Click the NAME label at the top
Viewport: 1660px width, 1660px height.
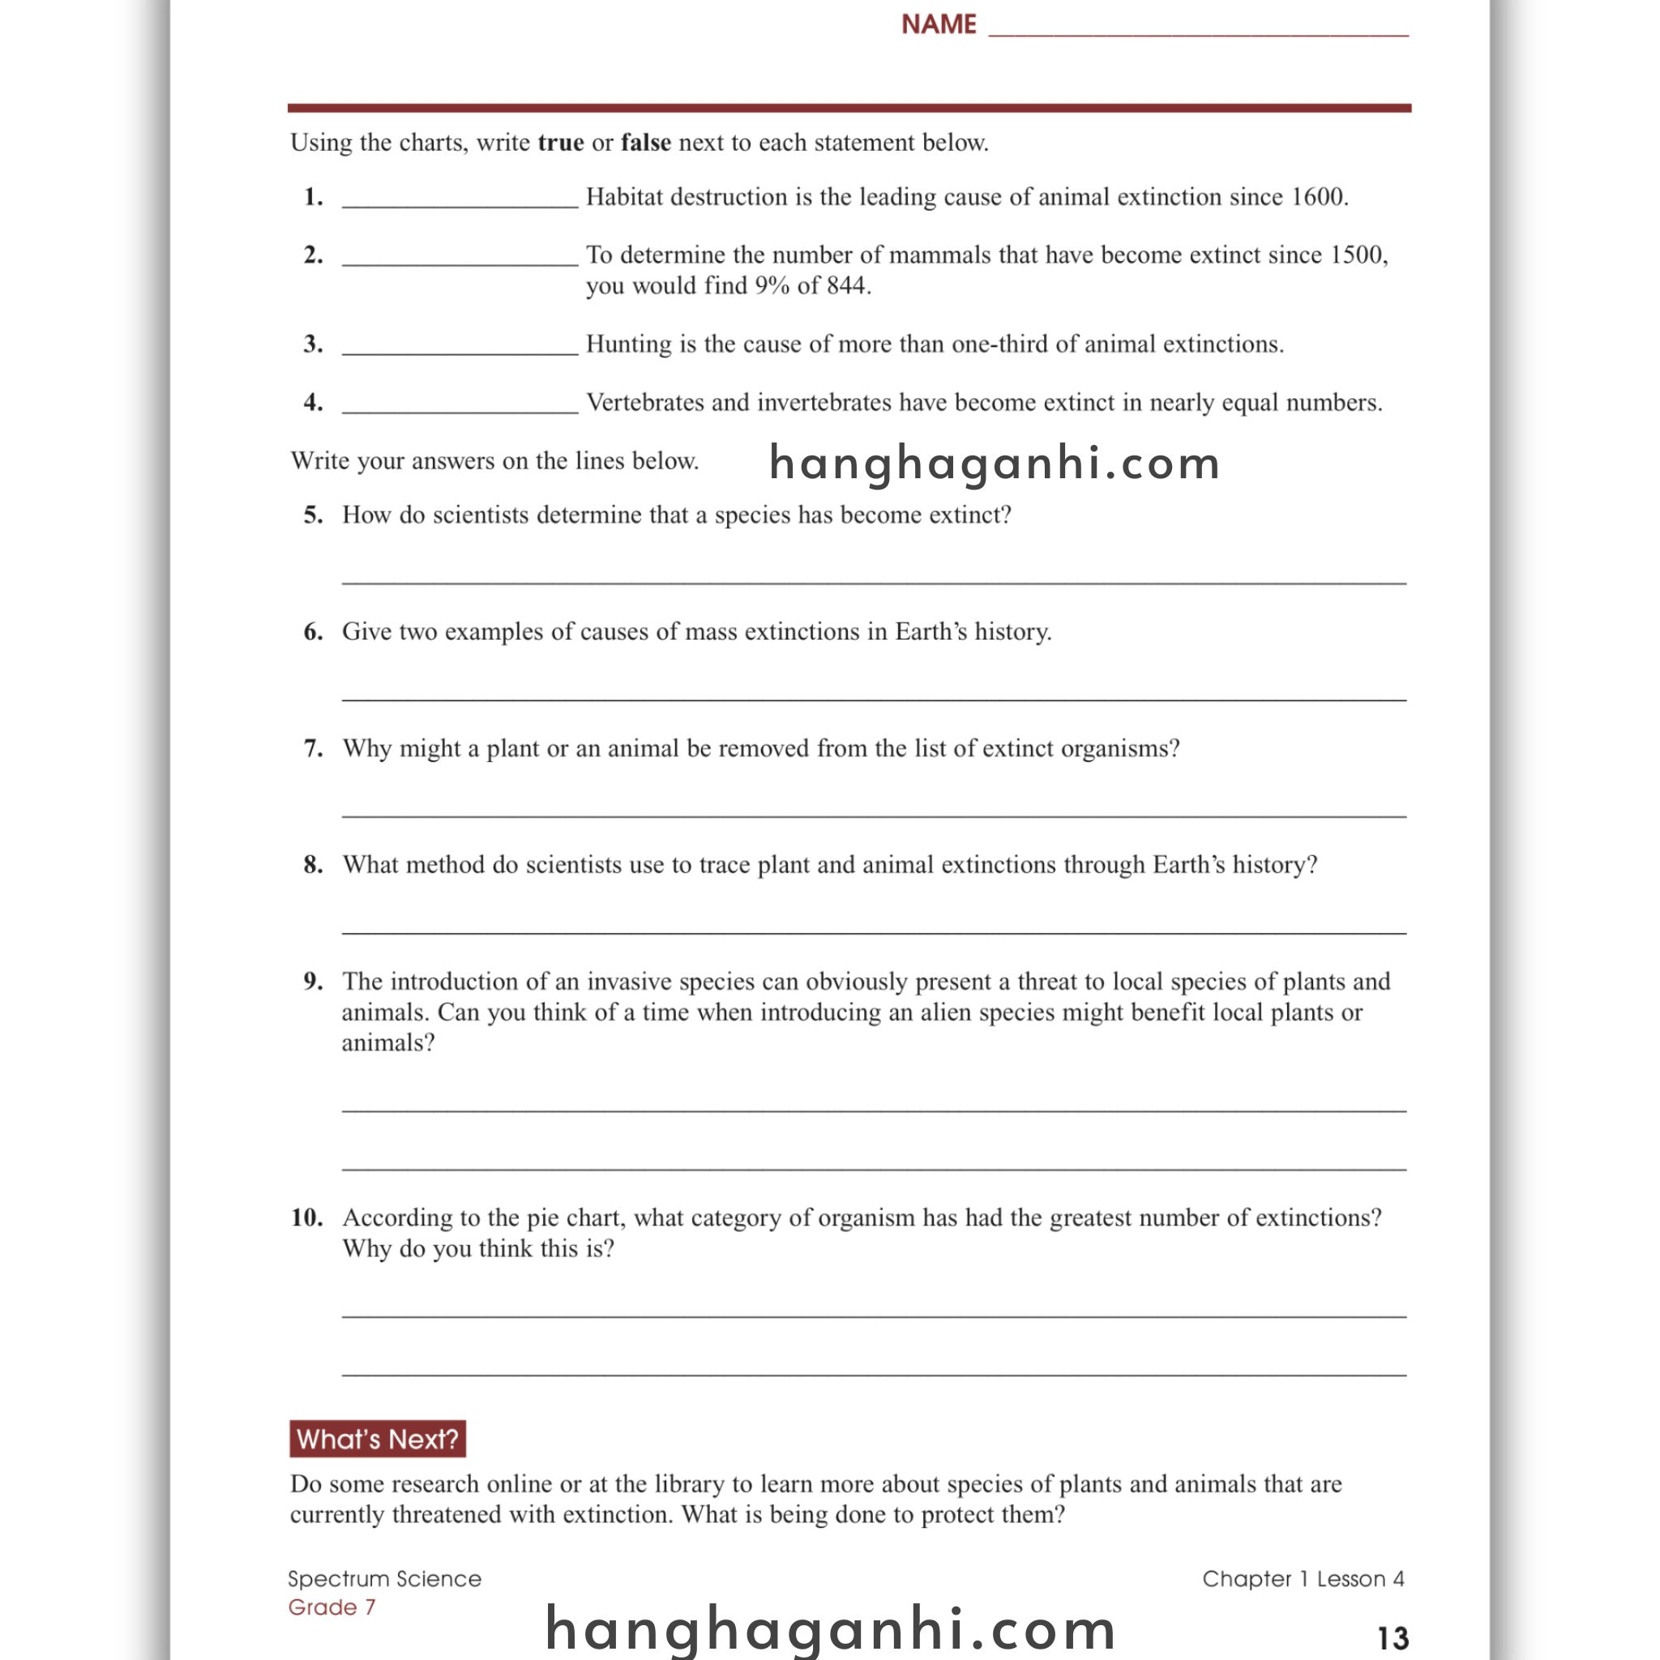pos(939,24)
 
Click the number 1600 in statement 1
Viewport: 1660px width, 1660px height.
pos(1318,197)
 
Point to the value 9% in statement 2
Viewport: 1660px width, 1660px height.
pos(772,285)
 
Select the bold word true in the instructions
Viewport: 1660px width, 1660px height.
pos(560,143)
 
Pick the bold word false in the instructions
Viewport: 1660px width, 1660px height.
pos(645,143)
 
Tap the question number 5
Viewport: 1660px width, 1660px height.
pos(314,515)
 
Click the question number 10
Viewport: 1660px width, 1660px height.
pos(306,1217)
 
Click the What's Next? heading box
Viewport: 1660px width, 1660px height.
pos(377,1439)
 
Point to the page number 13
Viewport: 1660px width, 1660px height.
pos(1392,1637)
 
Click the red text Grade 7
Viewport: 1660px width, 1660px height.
pos(332,1607)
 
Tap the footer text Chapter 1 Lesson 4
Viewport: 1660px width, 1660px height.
pos(1303,1578)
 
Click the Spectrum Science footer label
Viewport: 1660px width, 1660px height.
pos(384,1578)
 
